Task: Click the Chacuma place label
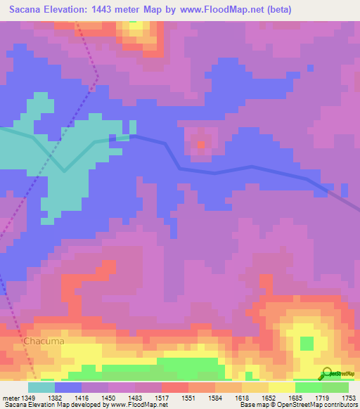(44, 341)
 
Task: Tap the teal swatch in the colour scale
(41, 387)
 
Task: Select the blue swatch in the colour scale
(68, 387)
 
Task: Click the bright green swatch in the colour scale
(308, 387)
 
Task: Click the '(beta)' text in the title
(276, 10)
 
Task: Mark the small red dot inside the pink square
(202, 145)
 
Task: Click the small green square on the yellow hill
(307, 344)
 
